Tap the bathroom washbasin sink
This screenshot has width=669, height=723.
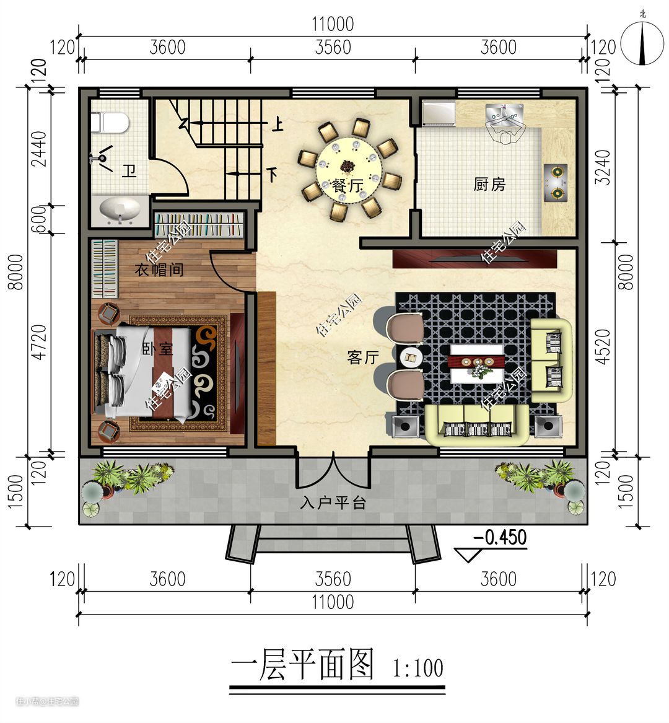tap(120, 210)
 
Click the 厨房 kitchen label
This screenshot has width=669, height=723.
tap(489, 185)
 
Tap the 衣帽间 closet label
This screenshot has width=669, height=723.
tap(159, 269)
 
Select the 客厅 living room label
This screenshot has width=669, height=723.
tap(364, 357)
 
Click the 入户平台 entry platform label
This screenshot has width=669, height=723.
tap(333, 502)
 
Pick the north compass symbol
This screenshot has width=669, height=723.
tap(642, 42)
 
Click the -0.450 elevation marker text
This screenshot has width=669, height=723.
tap(500, 537)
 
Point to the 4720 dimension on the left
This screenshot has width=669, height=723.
tap(40, 342)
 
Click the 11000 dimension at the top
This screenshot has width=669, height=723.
tap(333, 24)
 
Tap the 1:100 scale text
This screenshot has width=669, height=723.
tap(418, 668)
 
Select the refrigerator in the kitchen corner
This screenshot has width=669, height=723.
tap(439, 113)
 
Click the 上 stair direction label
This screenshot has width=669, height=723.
tap(277, 125)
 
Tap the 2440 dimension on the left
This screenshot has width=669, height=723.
tap(39, 149)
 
